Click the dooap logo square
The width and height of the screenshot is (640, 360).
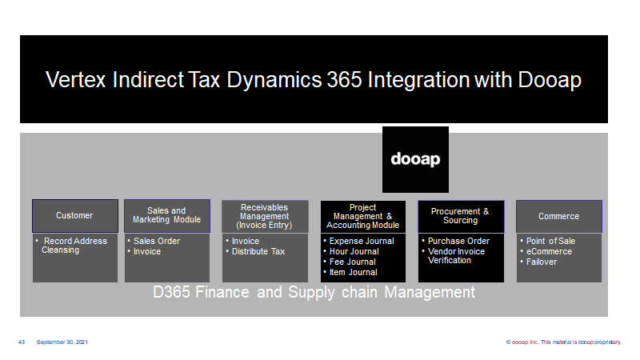point(415,159)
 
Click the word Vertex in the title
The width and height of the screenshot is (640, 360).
point(75,79)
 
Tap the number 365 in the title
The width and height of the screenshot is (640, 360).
point(344,79)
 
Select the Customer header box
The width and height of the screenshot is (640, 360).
point(75,216)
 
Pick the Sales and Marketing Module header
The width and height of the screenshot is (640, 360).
point(167,216)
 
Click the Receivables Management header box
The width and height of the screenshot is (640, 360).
point(265,216)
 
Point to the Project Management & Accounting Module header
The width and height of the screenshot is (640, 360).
point(363,216)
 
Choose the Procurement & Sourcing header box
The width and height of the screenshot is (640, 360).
point(461,216)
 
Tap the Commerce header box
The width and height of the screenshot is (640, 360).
point(558,216)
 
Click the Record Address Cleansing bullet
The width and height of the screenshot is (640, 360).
point(72,246)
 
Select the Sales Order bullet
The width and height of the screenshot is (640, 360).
point(154,242)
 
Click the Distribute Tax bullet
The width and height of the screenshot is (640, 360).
point(255,252)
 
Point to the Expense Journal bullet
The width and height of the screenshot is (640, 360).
point(358,242)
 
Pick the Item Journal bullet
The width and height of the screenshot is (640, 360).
point(350,272)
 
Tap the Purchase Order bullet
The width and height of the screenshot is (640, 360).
point(455,242)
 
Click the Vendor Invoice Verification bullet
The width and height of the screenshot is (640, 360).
point(454,256)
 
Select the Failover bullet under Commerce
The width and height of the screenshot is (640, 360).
point(538,262)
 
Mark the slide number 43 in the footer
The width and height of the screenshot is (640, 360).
point(22,342)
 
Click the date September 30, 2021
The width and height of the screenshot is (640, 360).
point(62,342)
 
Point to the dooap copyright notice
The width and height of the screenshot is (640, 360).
point(564,342)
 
